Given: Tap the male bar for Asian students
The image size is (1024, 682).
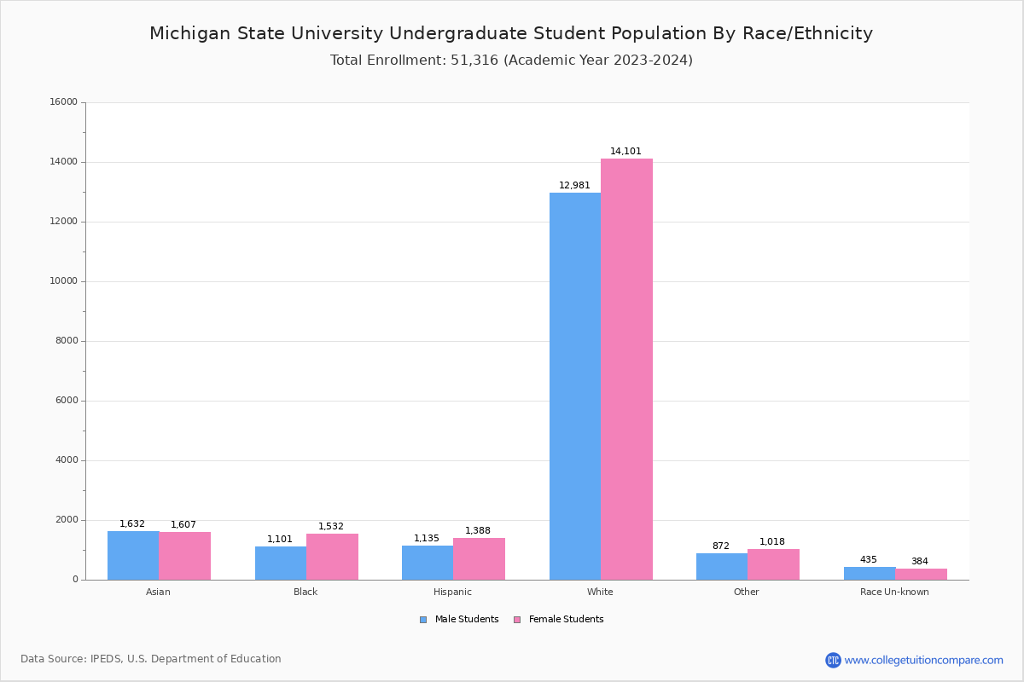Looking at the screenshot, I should [x=133, y=555].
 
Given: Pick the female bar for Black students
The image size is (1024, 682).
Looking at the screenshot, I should [x=332, y=557].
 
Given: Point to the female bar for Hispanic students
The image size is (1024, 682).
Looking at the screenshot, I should [x=479, y=558].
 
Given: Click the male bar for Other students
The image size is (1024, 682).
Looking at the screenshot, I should [x=722, y=566].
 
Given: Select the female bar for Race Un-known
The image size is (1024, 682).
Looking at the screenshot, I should [x=921, y=574].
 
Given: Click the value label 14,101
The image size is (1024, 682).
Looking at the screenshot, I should [x=625, y=152].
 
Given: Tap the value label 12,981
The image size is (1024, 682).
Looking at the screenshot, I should [x=574, y=186].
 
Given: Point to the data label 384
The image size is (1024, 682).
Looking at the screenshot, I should [x=919, y=562].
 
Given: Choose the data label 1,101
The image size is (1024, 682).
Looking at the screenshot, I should [x=280, y=540].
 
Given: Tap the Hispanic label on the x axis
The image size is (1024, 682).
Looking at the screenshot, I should [x=452, y=592].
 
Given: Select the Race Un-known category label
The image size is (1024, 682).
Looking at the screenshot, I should [x=894, y=592].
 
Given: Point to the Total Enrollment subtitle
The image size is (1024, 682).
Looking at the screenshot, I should [x=511, y=61].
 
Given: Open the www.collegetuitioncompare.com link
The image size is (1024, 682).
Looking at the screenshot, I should [x=923, y=660].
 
